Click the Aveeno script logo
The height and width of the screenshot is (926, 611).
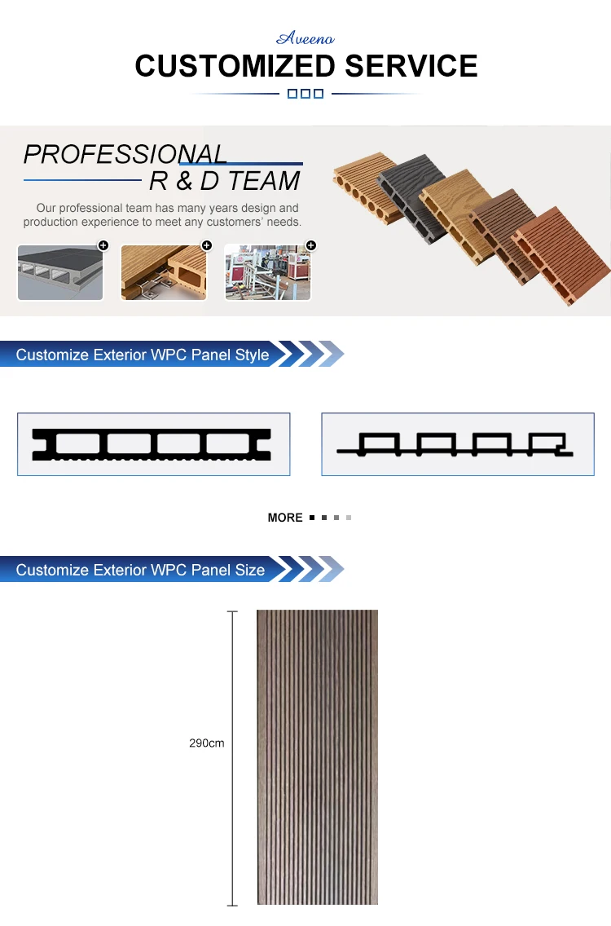click(305, 38)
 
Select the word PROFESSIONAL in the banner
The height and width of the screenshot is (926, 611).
click(125, 154)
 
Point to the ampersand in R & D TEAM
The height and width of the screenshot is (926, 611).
click(185, 180)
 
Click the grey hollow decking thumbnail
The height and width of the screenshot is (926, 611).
click(60, 272)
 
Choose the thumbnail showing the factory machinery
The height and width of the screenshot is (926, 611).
click(267, 272)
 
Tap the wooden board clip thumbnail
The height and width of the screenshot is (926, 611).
click(164, 272)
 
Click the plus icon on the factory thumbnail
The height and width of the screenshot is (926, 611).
click(310, 245)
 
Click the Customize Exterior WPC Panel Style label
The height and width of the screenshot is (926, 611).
click(143, 355)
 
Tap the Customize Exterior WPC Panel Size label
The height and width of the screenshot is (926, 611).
click(140, 570)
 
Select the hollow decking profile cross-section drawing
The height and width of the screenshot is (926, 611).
click(153, 444)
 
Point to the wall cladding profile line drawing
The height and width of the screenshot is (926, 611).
click(457, 444)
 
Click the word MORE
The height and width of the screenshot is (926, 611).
click(285, 518)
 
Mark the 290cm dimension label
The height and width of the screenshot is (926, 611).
click(207, 743)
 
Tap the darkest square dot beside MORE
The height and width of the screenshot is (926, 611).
click(312, 518)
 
